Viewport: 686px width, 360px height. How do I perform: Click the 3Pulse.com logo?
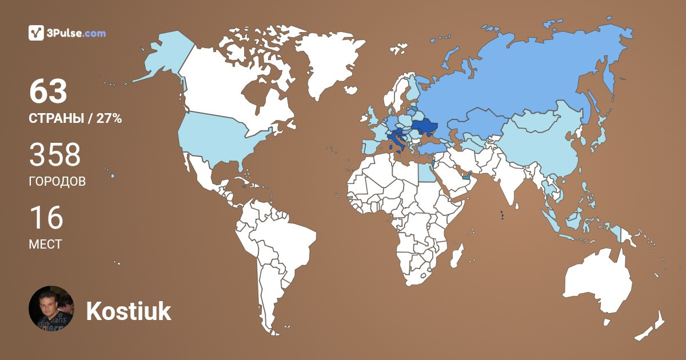coord(67,33)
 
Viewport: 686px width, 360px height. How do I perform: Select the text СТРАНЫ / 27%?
coord(75,119)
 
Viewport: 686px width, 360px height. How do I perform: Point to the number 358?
coord(55,155)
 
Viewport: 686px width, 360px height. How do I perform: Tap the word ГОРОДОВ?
coord(57,182)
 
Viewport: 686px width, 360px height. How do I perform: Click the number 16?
coord(46,218)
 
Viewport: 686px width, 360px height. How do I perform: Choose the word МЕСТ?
coord(45,245)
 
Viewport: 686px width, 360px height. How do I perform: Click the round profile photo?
coord(51,309)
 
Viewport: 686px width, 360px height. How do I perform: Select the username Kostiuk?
coord(129,311)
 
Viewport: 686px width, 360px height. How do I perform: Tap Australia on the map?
coord(597,286)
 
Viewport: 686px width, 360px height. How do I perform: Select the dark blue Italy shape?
coord(398,140)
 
